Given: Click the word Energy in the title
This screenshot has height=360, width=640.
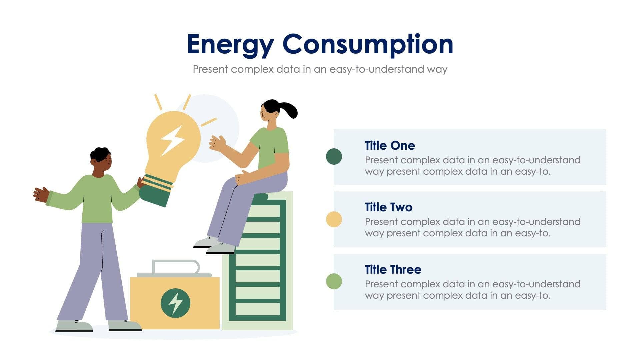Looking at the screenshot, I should point(230,44).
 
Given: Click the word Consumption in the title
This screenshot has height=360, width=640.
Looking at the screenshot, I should point(368,44).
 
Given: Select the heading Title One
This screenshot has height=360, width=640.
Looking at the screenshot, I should point(390,146).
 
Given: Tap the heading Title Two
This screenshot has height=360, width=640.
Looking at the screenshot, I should point(388,207).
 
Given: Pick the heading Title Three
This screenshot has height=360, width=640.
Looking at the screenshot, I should point(393,269).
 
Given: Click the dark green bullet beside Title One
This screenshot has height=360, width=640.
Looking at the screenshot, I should point(334,157).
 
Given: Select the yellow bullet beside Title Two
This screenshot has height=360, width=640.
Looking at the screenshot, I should point(334,219).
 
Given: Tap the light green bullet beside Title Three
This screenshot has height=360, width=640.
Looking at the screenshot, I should point(334,281).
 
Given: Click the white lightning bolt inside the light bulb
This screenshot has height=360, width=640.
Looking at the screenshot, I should point(172,140).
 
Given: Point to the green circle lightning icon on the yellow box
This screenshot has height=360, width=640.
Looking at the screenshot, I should point(175,303).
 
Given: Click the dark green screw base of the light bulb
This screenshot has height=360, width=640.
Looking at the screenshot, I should point(155,193).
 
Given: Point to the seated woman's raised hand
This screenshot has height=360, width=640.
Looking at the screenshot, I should point(217,144).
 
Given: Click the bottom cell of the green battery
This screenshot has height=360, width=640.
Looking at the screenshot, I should point(257,309).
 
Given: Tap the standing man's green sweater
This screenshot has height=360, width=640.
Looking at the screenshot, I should point(97,200).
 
